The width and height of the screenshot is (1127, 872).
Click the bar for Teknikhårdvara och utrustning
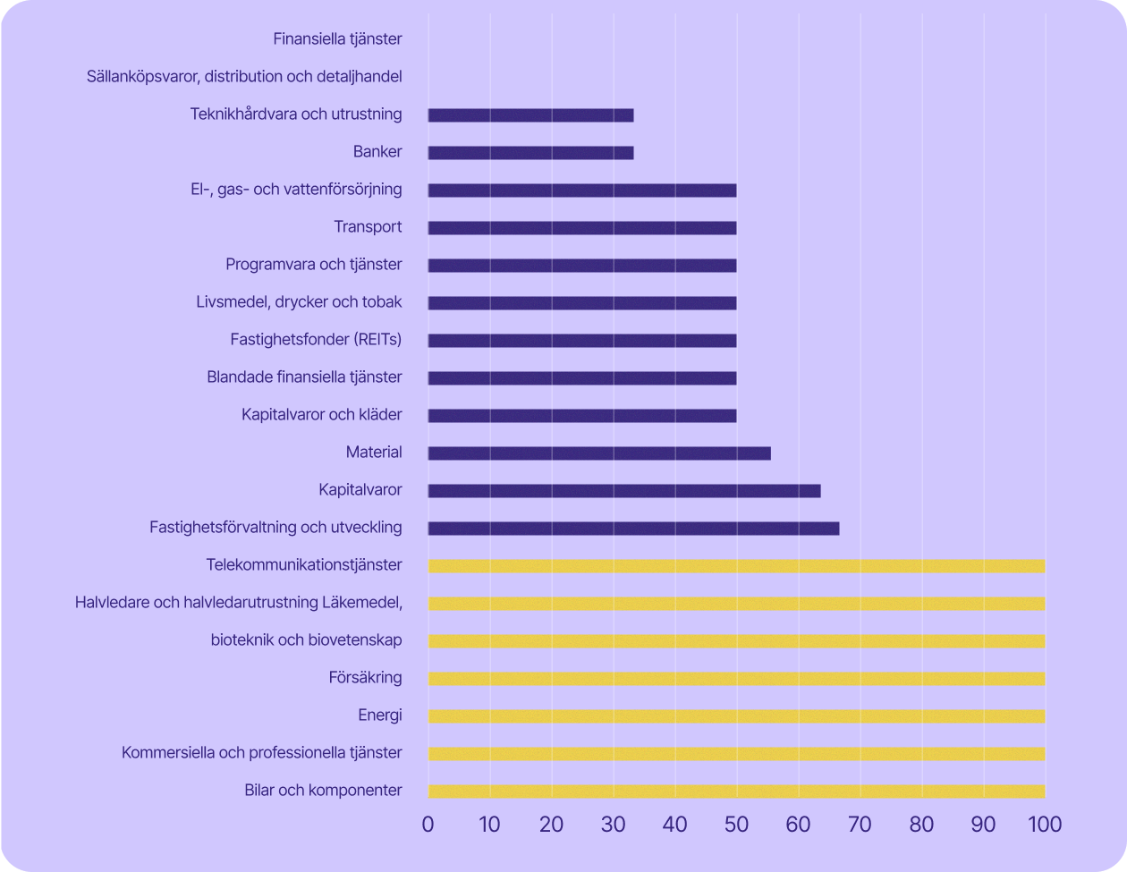point(530,115)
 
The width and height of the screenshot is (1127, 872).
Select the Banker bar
point(530,153)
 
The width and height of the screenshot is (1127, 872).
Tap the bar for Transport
point(582,228)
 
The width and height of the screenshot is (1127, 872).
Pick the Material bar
point(599,453)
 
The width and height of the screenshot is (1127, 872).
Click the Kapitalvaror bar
point(624,491)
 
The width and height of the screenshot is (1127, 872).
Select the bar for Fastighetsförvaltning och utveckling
point(633,529)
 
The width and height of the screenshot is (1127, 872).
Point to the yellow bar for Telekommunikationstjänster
point(736,566)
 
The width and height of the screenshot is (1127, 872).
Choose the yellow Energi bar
point(736,716)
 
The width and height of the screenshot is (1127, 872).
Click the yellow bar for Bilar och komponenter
point(736,792)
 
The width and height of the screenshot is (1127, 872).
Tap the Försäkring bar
point(736,679)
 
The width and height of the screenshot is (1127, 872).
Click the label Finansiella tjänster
point(337,38)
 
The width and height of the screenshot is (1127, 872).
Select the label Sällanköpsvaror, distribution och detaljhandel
point(244,76)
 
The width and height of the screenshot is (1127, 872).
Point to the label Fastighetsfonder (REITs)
point(316,340)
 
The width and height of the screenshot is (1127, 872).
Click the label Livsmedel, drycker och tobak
point(299,302)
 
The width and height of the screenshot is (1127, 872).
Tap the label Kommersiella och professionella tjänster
point(261,753)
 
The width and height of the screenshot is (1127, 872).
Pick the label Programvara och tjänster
point(313,265)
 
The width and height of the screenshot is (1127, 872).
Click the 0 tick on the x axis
point(428,824)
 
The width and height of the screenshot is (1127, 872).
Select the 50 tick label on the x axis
point(736,824)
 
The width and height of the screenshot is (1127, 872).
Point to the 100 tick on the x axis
point(1043,824)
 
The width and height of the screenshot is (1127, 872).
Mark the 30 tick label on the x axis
point(613,824)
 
